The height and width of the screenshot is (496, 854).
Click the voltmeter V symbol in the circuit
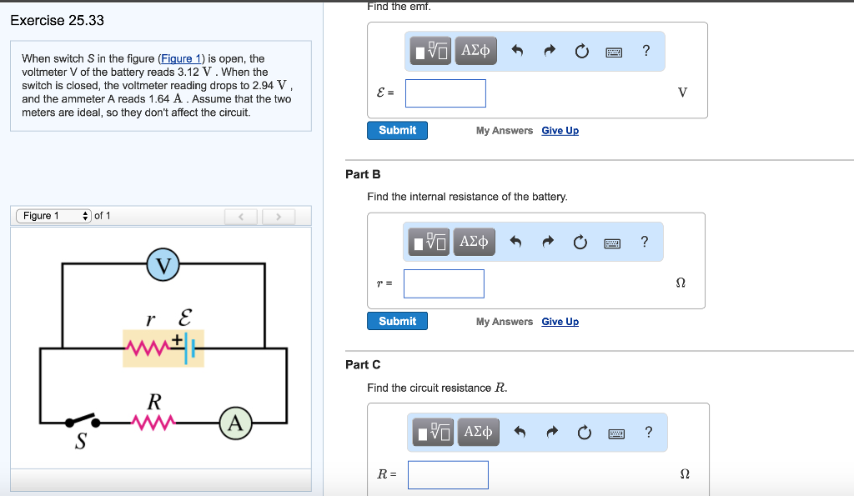[164, 265]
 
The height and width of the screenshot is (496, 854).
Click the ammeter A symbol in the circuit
[236, 423]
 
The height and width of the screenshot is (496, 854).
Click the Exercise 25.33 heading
[57, 20]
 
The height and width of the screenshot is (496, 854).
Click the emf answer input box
[445, 93]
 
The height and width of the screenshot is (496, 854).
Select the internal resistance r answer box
[444, 283]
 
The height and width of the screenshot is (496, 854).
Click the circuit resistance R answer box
[448, 474]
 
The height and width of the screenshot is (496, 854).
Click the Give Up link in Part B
[560, 322]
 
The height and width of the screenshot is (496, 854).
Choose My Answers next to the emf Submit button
[504, 131]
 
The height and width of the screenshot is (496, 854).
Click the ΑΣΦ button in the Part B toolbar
[475, 242]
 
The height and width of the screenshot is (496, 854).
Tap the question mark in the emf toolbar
[646, 51]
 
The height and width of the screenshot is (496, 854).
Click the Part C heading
[363, 364]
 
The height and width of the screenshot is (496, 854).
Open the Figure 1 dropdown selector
[53, 216]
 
